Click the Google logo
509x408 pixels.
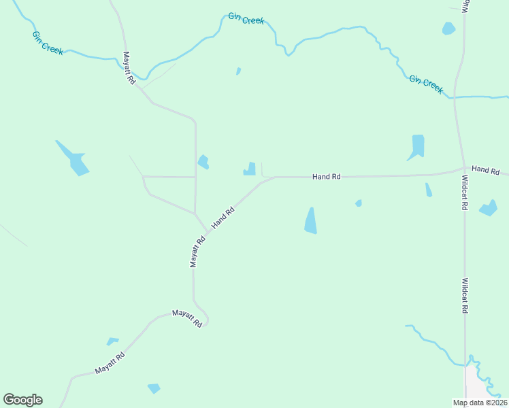click(22, 400)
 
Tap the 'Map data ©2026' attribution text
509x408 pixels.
click(479, 403)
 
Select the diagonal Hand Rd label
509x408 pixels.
click(223, 217)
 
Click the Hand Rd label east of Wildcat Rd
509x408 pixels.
click(485, 169)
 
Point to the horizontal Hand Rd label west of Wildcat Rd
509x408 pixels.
click(326, 177)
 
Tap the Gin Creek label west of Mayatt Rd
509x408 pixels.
click(48, 43)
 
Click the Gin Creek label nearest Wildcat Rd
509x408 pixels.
click(426, 84)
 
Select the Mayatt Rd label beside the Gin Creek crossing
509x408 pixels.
click(129, 68)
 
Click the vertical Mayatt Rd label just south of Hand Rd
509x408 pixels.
click(197, 251)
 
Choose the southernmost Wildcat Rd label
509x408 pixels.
click(465, 295)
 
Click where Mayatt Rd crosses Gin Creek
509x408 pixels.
click(139, 79)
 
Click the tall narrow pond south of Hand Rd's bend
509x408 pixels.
click(310, 221)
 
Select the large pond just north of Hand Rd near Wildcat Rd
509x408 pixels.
click(417, 146)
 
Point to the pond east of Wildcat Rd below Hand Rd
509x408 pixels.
click(488, 208)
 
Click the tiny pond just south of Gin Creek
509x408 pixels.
click(238, 71)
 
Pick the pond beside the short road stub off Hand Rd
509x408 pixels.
click(250, 169)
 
